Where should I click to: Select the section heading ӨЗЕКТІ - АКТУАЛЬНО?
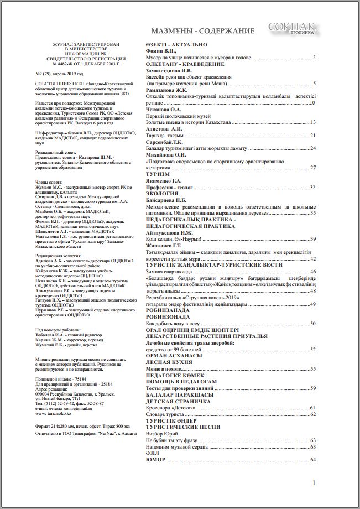[x=176, y=44]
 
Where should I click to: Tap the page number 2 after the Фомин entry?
[x=314, y=57]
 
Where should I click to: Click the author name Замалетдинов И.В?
[x=169, y=70]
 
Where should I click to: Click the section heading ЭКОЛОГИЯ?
[x=163, y=194]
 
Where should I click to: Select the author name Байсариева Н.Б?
[x=166, y=200]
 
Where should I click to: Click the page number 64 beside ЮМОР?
[x=312, y=460]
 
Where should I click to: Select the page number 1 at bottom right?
[x=314, y=483]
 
